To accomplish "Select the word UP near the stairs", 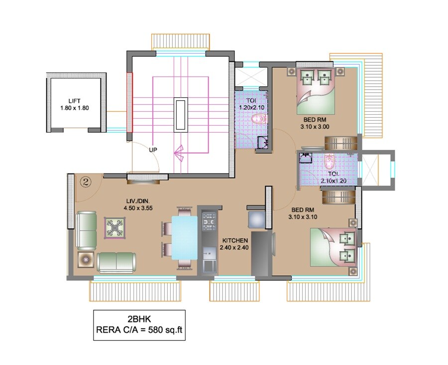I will point(153,149).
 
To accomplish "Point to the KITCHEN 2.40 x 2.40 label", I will point(235,244).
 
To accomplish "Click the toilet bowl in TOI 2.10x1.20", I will point(329,161).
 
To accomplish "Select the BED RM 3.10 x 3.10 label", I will point(302,213).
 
